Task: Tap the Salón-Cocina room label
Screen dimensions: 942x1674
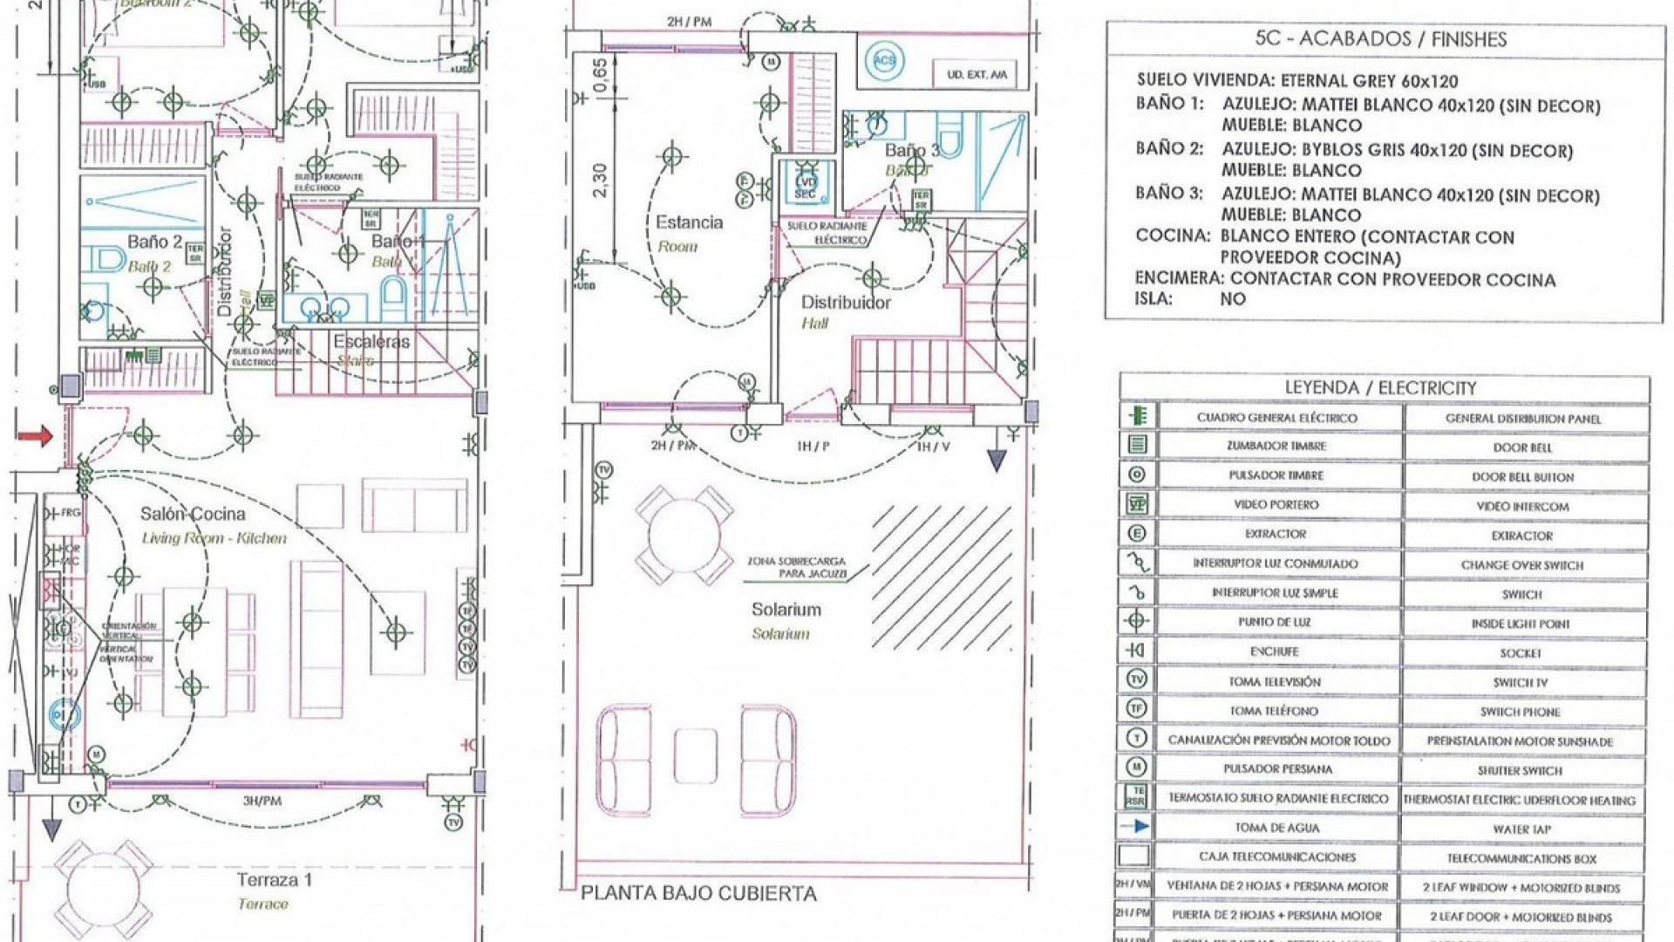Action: coord(193,515)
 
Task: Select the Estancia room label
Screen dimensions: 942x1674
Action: coord(689,222)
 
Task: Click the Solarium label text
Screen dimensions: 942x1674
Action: coord(786,610)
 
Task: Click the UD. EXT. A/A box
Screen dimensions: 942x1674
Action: coord(976,75)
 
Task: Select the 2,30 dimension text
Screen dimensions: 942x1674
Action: coord(599,181)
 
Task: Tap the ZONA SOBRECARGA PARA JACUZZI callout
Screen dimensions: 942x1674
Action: coord(795,568)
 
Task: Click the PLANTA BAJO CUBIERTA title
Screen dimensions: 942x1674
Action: coord(698,894)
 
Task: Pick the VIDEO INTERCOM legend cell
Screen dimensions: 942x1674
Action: coord(1522,506)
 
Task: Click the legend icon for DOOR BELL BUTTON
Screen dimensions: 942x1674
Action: coord(1137,475)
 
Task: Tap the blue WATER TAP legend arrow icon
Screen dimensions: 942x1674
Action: coord(1137,827)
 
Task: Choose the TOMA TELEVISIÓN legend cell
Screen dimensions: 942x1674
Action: coord(1276,681)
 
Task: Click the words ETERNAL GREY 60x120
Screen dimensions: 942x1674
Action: coord(1369,82)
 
